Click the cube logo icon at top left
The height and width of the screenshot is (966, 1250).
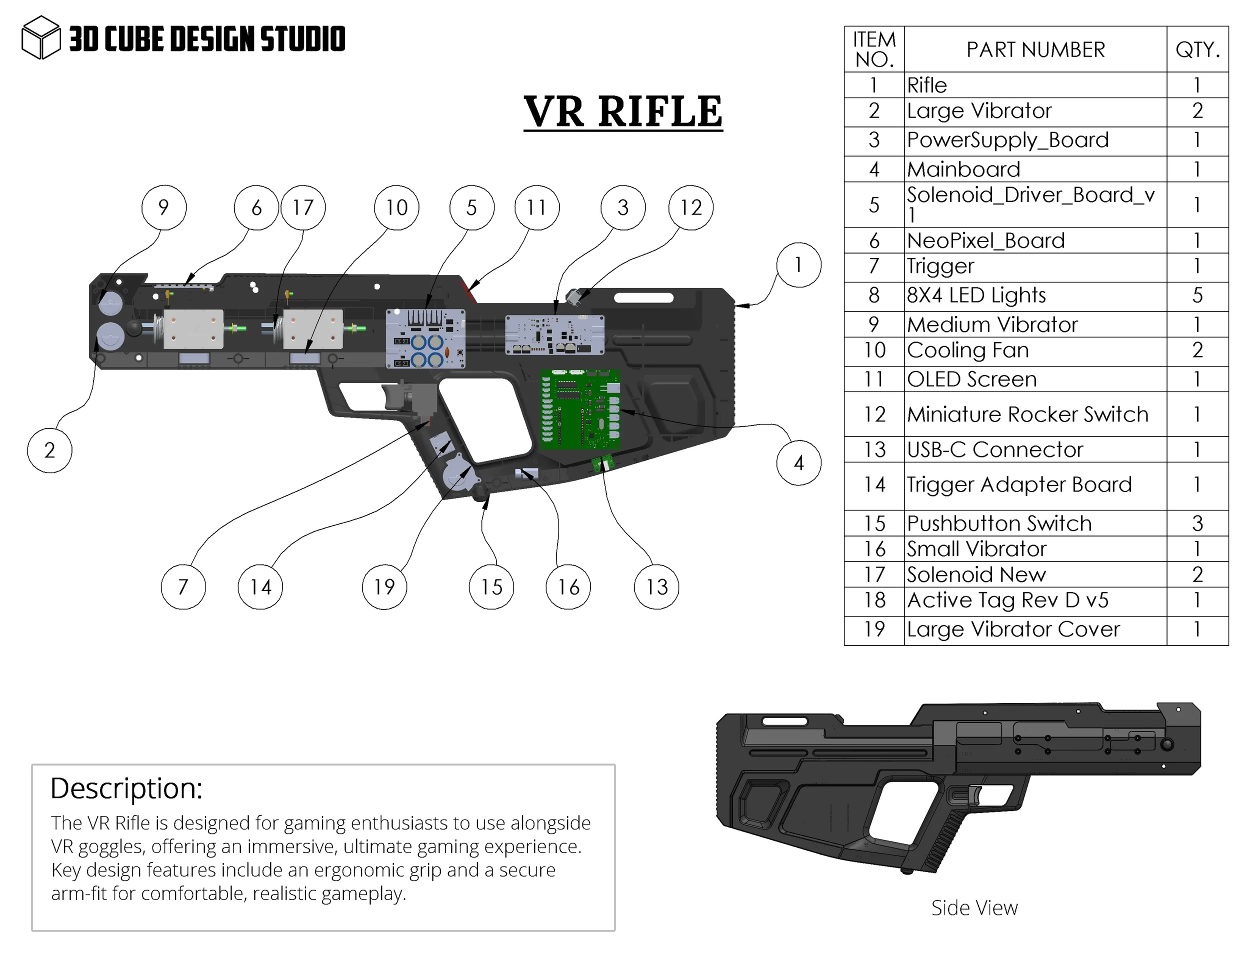40,38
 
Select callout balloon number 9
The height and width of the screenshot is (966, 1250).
163,207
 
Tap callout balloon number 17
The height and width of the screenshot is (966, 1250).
303,207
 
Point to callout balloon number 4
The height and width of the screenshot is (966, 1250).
798,462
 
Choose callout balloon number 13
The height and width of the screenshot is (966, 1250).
656,586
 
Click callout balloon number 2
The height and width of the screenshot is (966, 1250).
50,450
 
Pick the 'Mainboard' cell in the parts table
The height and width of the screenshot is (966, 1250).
964,169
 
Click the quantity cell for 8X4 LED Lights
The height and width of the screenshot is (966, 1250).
1197,295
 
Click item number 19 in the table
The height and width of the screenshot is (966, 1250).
874,629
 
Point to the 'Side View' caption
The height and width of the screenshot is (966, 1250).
974,907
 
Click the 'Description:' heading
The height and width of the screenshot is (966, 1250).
126,788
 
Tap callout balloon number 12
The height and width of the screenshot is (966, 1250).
691,207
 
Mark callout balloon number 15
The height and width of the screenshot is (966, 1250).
491,586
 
